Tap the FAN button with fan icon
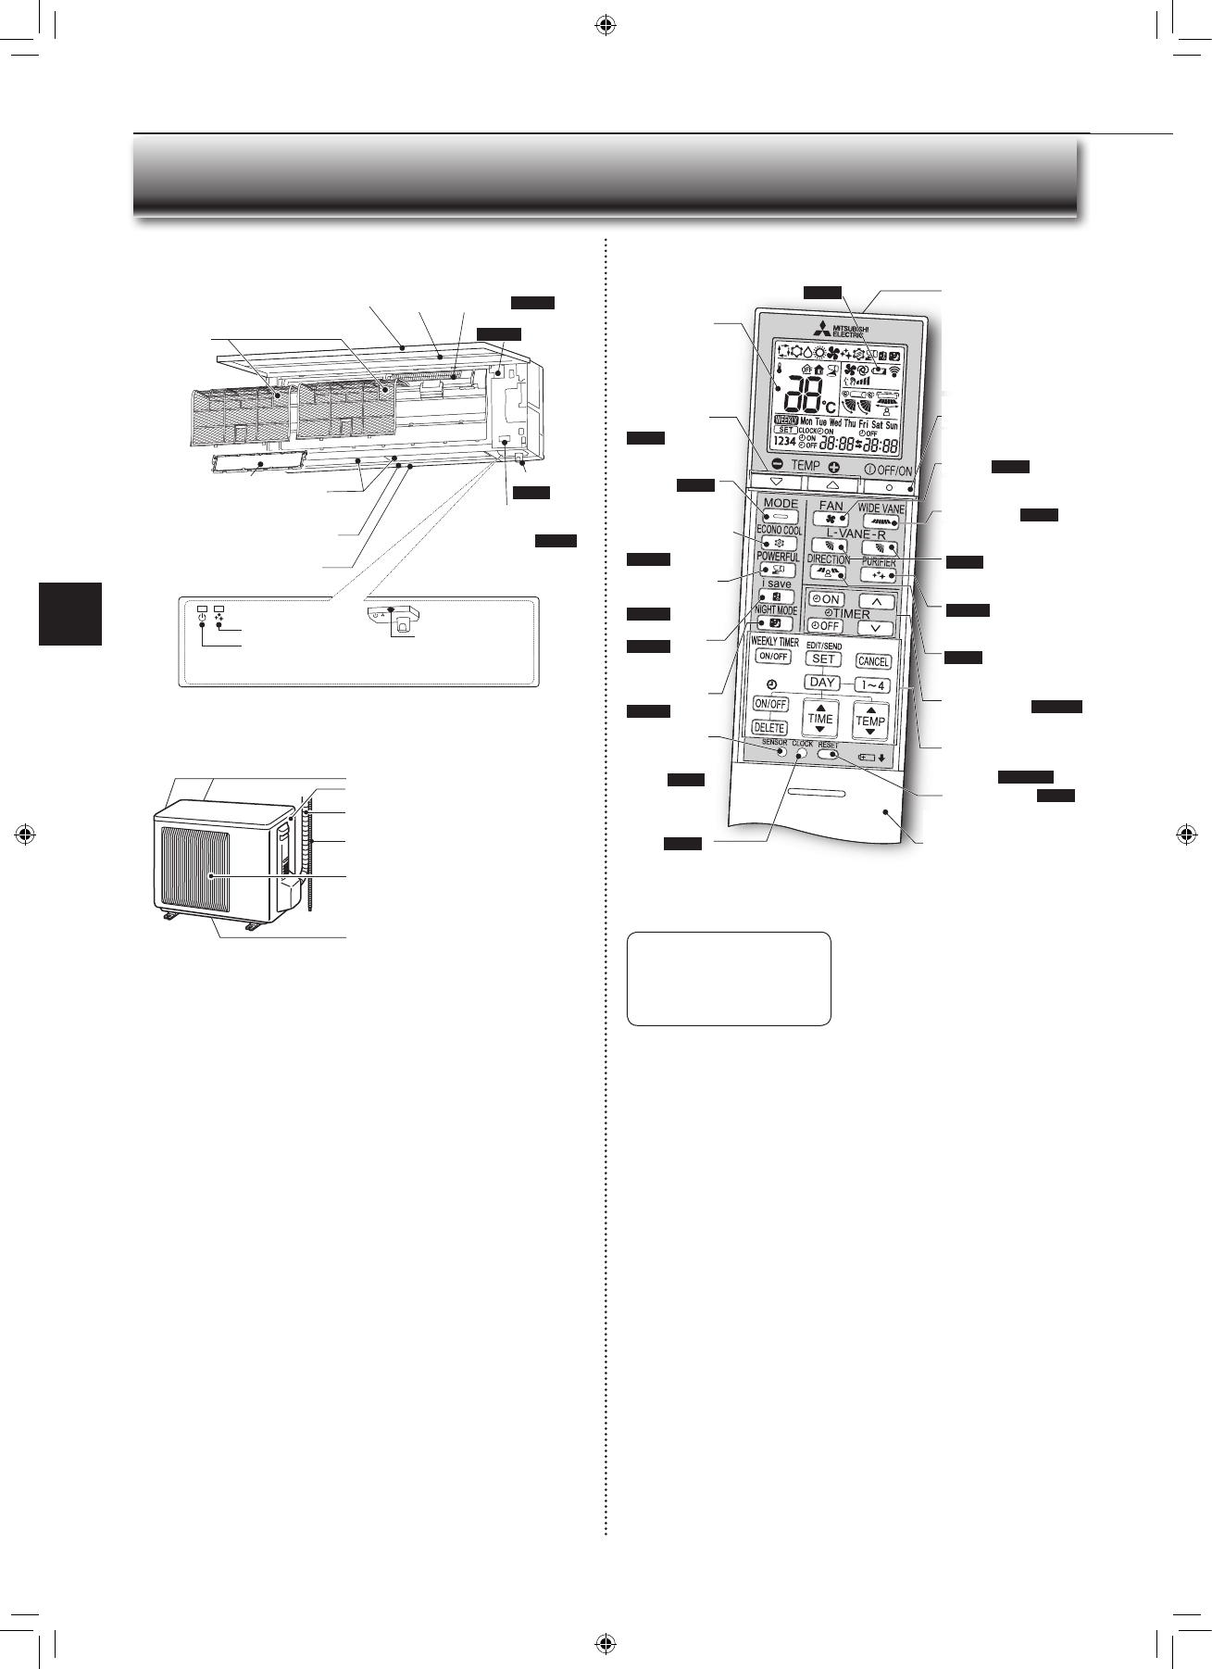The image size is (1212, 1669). tap(831, 520)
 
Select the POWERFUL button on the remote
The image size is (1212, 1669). tap(778, 571)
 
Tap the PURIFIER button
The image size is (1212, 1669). tap(878, 575)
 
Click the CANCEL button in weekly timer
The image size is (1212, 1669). tap(872, 661)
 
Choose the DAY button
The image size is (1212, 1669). tap(821, 683)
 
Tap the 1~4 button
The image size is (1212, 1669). tap(872, 686)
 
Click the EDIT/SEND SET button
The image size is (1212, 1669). tap(822, 659)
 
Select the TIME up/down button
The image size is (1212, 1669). tap(820, 719)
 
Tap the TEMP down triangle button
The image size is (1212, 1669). tap(776, 483)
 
